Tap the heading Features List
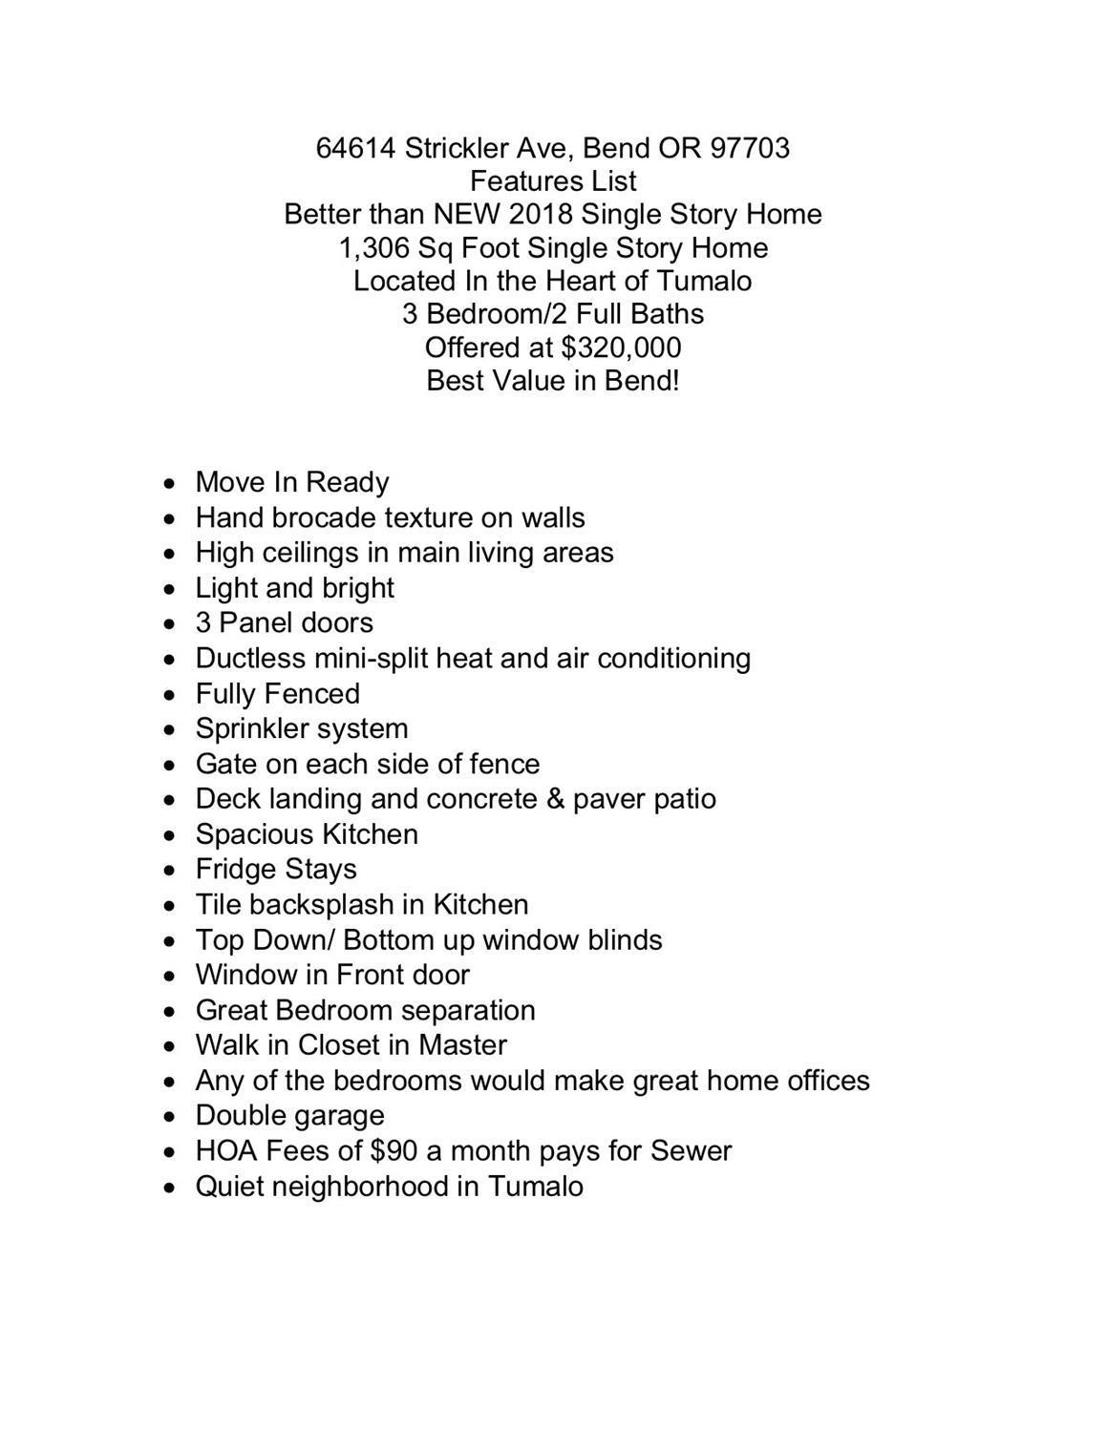click(x=553, y=180)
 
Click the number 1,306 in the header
click(x=373, y=247)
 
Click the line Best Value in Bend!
click(x=553, y=380)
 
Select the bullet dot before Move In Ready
click(x=169, y=484)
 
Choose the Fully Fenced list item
click(x=277, y=693)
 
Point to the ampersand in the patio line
click(x=555, y=799)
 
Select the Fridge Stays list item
click(x=276, y=869)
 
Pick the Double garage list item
click(x=289, y=1115)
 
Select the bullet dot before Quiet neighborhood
click(x=169, y=1188)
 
